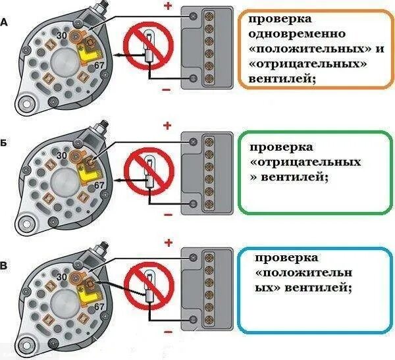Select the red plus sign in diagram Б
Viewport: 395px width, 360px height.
(x=168, y=125)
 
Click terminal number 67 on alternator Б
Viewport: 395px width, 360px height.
(x=100, y=186)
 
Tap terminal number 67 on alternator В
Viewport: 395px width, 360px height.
(x=99, y=307)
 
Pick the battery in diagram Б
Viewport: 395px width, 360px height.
(x=207, y=172)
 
